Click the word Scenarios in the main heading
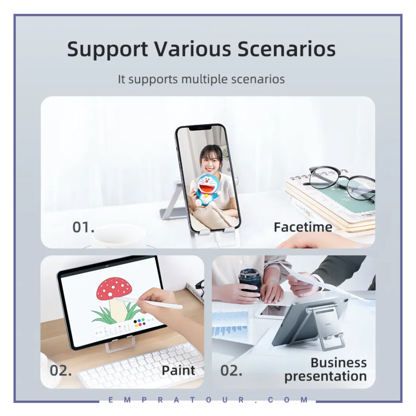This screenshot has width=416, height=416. (286, 49)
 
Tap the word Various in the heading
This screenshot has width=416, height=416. (193, 49)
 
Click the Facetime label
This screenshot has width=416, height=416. (303, 227)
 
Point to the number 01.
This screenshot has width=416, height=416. (83, 227)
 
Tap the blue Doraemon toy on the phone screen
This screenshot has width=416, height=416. (208, 190)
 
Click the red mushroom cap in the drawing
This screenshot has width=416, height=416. (114, 288)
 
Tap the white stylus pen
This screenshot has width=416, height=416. (149, 302)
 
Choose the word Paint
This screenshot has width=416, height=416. (178, 370)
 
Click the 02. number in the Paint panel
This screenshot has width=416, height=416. (61, 370)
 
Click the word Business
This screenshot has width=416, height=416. (338, 363)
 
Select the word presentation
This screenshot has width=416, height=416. (325, 377)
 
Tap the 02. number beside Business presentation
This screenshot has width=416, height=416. (231, 370)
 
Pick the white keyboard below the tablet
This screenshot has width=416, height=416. (141, 366)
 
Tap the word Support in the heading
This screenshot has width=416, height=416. (107, 50)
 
